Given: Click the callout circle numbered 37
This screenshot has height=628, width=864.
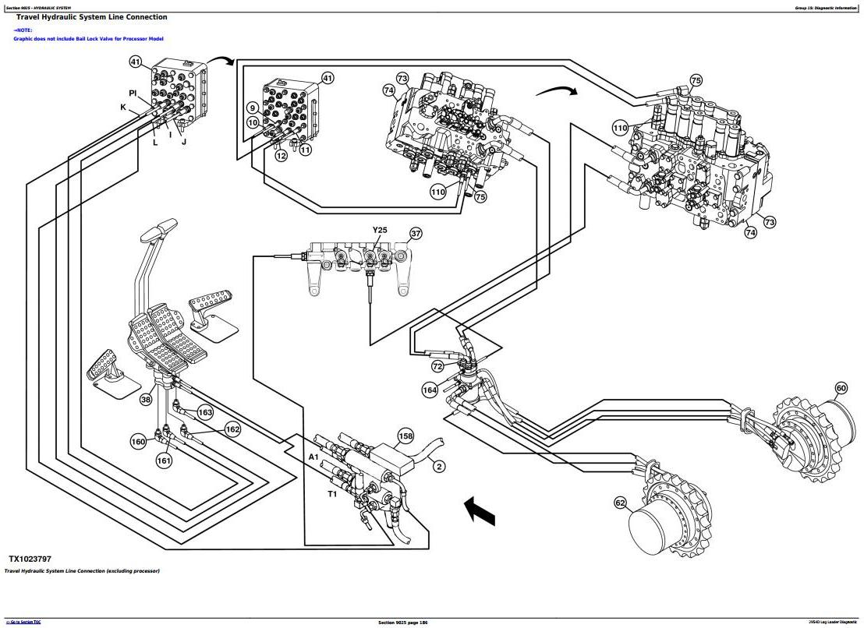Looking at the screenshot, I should click(x=416, y=233).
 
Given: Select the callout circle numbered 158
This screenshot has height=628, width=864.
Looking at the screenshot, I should click(x=405, y=436).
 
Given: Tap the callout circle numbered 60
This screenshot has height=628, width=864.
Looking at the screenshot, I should click(x=841, y=388).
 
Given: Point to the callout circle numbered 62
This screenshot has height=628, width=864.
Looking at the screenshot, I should click(x=620, y=503).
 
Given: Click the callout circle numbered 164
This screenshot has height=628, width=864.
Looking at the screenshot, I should click(x=430, y=390).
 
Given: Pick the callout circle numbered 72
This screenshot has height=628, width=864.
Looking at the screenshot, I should click(x=437, y=365).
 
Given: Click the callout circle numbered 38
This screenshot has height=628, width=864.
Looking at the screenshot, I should click(x=146, y=400).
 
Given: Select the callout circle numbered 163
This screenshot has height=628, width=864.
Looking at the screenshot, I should click(x=205, y=412).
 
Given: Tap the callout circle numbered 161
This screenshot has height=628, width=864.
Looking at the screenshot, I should click(x=164, y=460).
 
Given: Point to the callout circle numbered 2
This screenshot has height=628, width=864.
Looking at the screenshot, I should click(x=439, y=466).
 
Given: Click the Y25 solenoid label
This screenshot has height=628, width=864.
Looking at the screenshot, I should click(x=380, y=231).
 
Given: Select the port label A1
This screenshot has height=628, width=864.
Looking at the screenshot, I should click(x=313, y=457).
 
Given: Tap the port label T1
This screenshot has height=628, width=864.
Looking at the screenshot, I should click(x=332, y=493).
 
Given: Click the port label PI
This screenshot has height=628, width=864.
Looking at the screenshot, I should click(x=133, y=93).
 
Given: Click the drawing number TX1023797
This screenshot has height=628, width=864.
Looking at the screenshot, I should click(x=30, y=559).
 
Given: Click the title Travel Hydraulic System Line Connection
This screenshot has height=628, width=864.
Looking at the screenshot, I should click(x=91, y=17).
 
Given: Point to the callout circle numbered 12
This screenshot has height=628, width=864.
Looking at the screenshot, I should click(x=281, y=156).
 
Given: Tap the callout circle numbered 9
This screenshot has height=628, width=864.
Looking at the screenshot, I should click(x=253, y=108).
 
